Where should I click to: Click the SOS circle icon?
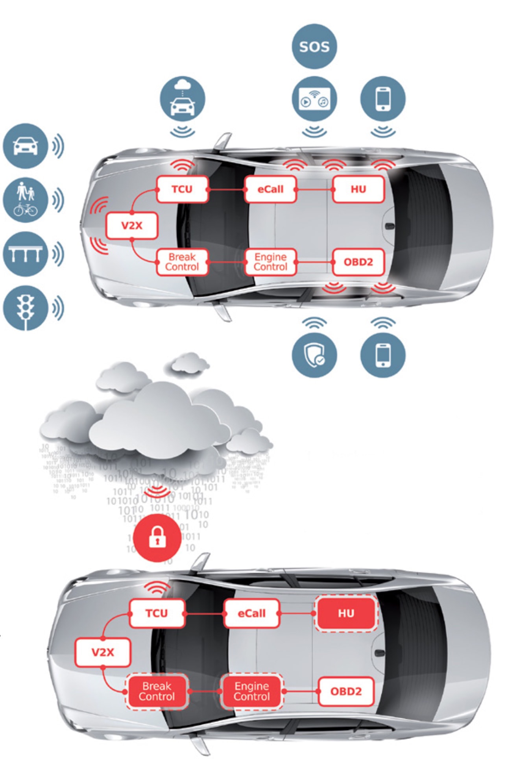coord(314,46)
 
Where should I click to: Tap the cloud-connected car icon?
coord(182,98)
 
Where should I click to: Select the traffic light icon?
coord(25,307)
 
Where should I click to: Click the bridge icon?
coord(25,254)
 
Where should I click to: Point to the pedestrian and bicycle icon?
coord(25,200)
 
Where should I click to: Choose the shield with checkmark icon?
coord(314,355)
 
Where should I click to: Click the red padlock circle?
coord(157,537)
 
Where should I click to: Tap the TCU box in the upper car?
coord(182,189)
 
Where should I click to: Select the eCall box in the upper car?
coord(270,189)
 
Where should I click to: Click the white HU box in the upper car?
coord(358,189)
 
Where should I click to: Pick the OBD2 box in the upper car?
coord(358,262)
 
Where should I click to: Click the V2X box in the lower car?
coord(103,652)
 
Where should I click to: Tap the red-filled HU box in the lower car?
coord(346,613)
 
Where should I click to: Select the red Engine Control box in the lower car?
coord(252,691)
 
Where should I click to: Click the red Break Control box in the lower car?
coord(157,691)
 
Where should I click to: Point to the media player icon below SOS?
coord(314,98)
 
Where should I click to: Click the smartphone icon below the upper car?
coord(383,355)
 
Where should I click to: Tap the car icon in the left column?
coord(25,146)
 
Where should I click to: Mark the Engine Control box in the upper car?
coord(270,262)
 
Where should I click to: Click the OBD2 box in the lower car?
coord(346,691)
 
